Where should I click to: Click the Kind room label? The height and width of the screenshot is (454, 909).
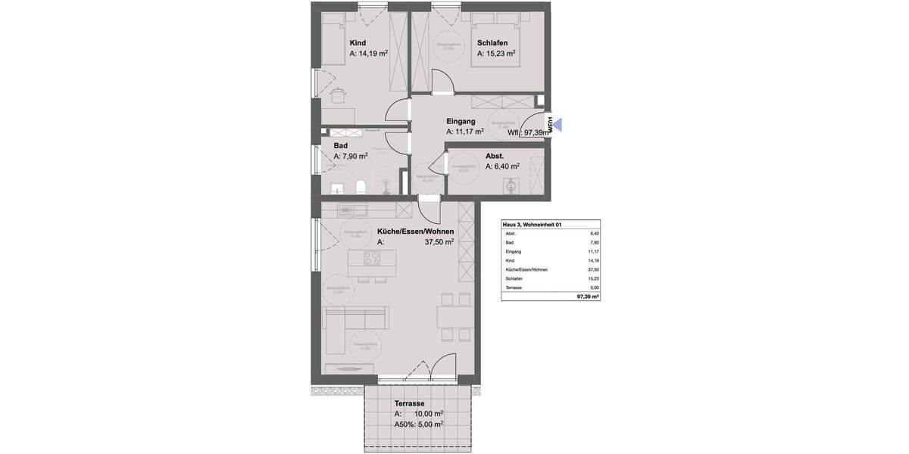pos(358,43)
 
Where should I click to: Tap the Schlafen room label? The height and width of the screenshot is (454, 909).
pos(492,43)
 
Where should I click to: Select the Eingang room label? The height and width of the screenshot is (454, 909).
pos(461,121)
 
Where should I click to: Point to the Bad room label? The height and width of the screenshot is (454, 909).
pos(340,145)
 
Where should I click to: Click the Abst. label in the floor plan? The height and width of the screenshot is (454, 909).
pos(495,156)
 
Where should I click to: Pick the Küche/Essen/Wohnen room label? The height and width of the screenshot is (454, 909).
pos(415,232)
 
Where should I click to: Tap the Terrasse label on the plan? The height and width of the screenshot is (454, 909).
pos(409,404)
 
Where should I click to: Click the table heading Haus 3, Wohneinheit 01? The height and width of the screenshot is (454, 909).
pos(533,225)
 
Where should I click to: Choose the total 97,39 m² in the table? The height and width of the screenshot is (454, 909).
pos(587,297)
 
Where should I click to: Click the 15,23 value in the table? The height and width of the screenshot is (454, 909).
pos(594,278)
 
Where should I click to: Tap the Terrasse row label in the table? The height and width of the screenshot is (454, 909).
pos(514,288)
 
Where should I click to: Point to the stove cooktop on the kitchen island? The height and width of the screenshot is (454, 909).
pos(372,259)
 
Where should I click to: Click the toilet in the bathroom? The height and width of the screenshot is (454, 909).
pos(362,187)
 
